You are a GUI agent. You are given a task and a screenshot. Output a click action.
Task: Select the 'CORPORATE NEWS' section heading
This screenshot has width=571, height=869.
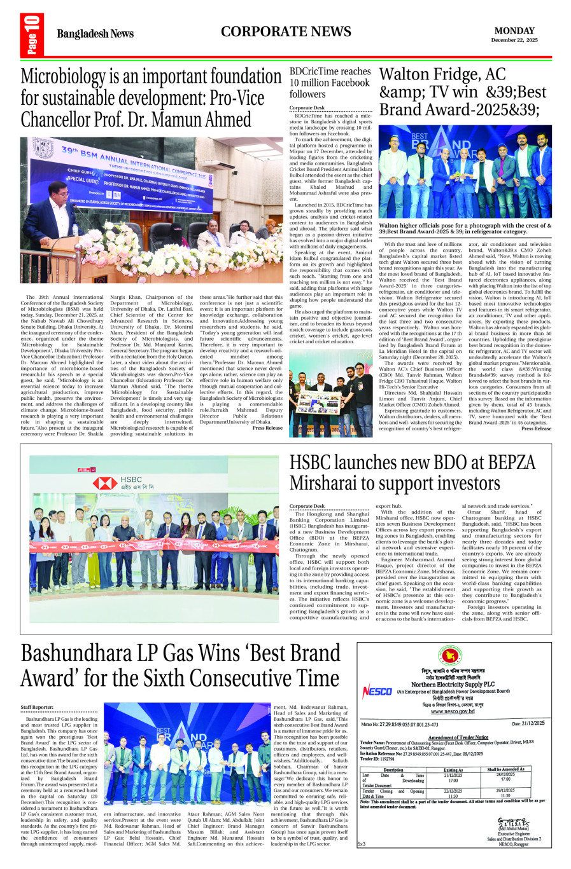(286, 32)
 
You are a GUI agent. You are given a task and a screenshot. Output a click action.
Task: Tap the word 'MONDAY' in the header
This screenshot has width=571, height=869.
(514, 31)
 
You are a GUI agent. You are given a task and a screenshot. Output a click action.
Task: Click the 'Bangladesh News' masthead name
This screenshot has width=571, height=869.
(95, 34)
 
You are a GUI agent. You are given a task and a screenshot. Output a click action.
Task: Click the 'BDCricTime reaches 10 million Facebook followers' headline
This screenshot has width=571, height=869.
(330, 83)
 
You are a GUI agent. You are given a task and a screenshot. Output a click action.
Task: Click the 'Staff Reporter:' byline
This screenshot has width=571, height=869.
(37, 707)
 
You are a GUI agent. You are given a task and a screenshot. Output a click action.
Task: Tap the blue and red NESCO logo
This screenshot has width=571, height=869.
(377, 691)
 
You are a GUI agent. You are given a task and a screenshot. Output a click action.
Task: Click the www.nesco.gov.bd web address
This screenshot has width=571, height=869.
(452, 711)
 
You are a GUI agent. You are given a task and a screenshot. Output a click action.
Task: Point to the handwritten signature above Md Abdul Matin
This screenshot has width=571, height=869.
(513, 821)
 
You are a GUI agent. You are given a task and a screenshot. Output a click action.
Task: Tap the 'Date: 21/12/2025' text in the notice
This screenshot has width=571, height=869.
(528, 723)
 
